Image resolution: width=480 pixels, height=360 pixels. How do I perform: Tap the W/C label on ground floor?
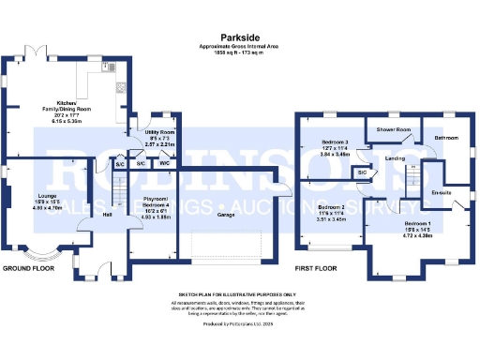pos(163,164)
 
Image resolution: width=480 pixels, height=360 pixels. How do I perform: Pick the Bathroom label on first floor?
pos(445,138)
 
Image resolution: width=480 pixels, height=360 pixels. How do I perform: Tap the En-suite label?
pos(441,193)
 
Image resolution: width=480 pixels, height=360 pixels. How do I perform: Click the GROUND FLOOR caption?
pos(27,267)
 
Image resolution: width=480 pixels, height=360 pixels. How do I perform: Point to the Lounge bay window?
pos(40,256)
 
